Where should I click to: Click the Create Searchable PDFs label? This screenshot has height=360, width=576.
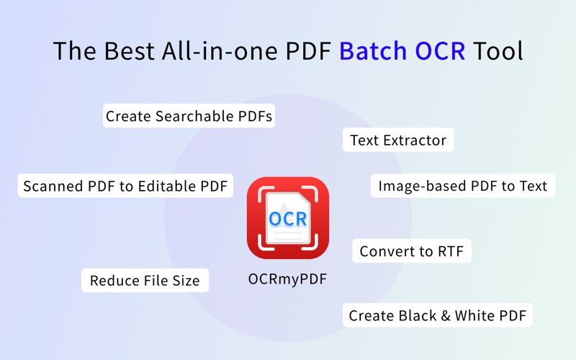(189, 116)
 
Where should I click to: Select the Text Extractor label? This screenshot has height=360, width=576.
(398, 140)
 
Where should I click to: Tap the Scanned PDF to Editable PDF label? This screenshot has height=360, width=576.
(125, 186)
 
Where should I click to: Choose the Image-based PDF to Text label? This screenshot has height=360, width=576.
(463, 186)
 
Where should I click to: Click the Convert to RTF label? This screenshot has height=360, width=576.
(412, 251)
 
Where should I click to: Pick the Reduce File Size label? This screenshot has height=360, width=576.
(145, 280)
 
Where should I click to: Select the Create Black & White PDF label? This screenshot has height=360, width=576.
(438, 315)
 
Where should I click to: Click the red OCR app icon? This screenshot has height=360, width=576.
(288, 218)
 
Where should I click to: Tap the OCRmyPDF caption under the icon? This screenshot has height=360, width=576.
(287, 279)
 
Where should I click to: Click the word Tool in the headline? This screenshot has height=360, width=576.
(498, 51)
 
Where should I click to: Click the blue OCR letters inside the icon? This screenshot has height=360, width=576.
(288, 217)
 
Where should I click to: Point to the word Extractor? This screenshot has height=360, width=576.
(415, 140)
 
